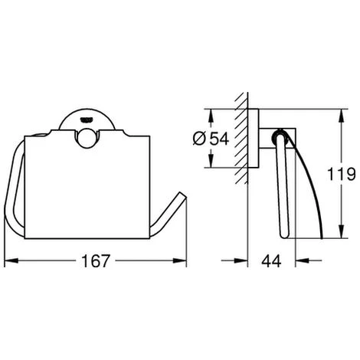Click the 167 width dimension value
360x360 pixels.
96,260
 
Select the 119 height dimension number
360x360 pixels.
341,174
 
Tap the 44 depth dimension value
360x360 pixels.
271,260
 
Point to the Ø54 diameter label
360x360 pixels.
211,139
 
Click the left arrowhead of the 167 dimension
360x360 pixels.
11,260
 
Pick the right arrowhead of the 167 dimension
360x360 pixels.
180,260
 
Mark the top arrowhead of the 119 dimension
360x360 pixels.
341,116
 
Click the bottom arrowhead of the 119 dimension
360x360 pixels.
341,231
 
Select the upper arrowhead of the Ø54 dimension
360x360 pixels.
211,116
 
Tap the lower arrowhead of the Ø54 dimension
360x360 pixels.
211,161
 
